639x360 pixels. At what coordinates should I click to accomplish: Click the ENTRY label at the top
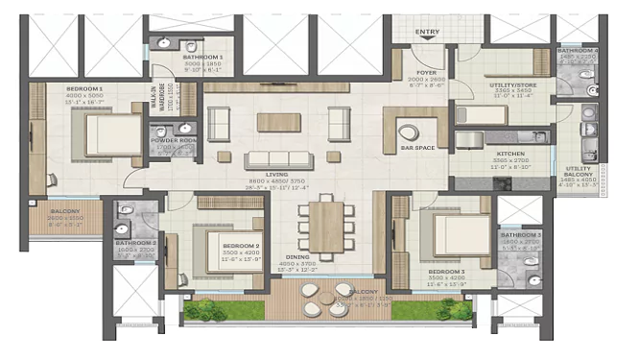[x=426, y=32]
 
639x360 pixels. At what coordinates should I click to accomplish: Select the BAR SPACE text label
[x=419, y=148]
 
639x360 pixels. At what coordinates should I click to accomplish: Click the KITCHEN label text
[x=509, y=155]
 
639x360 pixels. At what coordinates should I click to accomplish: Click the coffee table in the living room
[x=278, y=122]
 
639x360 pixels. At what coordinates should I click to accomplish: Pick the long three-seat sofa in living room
[x=279, y=158]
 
